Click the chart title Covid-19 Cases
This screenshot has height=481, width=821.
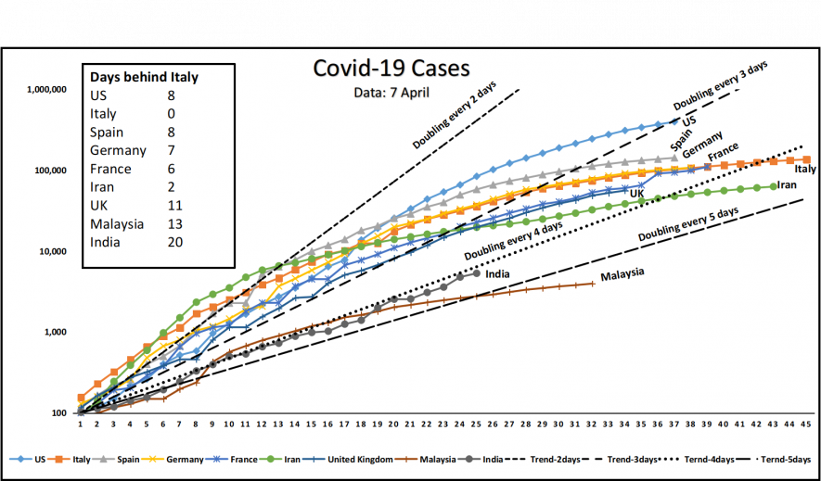coord(391,69)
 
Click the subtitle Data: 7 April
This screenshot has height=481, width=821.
coord(391,93)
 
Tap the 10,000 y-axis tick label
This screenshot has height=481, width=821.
coord(51,251)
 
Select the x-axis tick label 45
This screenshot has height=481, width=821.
coord(805,424)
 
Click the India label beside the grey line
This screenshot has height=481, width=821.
coord(497,272)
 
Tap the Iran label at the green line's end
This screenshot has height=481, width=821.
coord(787,185)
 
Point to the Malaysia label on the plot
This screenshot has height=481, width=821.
coord(622,275)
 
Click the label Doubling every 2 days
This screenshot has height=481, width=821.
coord(455,116)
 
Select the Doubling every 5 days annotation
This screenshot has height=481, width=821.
coord(688,225)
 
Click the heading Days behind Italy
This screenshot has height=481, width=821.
coord(144,77)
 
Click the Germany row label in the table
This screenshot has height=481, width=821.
coord(118,150)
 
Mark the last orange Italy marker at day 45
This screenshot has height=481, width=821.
coord(805,160)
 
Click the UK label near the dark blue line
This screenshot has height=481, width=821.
coord(637,193)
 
